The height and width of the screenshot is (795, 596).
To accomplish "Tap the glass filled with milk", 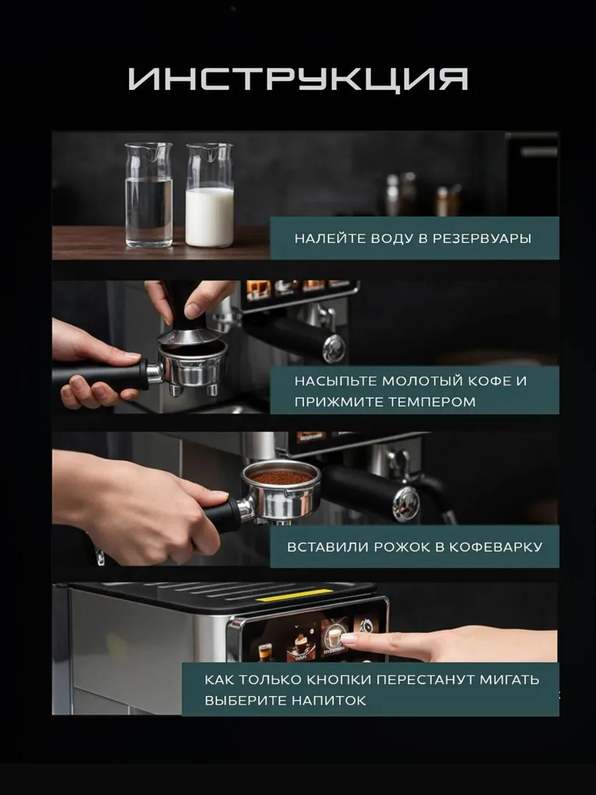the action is coord(210,195).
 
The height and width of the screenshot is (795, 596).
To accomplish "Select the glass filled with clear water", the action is coord(149,195).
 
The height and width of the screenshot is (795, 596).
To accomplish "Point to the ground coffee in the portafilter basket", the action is coord(281,476).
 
